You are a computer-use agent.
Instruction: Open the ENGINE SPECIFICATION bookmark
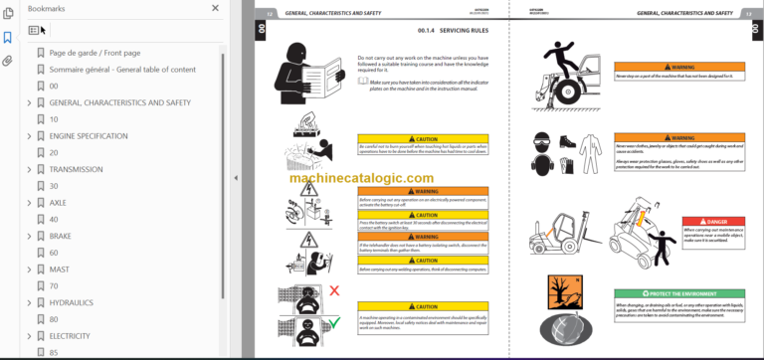point(88,135)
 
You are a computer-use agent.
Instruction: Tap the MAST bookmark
point(60,270)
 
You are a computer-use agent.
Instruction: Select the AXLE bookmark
point(58,202)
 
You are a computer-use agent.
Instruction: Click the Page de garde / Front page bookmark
point(95,52)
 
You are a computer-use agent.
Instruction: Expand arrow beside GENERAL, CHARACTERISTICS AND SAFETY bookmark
point(28,102)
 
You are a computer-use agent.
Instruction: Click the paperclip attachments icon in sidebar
point(8,61)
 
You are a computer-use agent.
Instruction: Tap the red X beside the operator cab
point(334,290)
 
